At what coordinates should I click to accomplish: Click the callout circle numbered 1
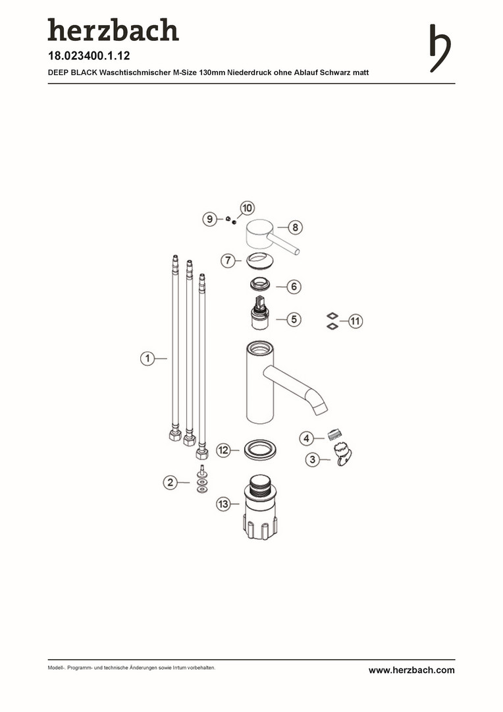pyautogui.click(x=147, y=358)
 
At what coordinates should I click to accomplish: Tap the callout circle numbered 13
pyautogui.click(x=223, y=504)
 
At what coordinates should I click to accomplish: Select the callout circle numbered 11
pyautogui.click(x=355, y=322)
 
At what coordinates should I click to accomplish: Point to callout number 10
pyautogui.click(x=247, y=208)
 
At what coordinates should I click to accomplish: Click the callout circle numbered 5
pyautogui.click(x=294, y=319)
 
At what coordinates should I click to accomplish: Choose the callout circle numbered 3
pyautogui.click(x=312, y=460)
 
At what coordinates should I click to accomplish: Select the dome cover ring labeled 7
pyautogui.click(x=260, y=262)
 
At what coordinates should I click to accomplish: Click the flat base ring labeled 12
pyautogui.click(x=260, y=450)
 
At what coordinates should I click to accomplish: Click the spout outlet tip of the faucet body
pyautogui.click(x=321, y=409)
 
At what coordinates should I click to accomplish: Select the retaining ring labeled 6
pyautogui.click(x=260, y=285)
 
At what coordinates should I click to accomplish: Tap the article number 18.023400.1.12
pyautogui.click(x=89, y=56)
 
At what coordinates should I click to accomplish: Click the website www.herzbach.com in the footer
pyautogui.click(x=411, y=670)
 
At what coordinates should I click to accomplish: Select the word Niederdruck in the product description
pyautogui.click(x=249, y=73)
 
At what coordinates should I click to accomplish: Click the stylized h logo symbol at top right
pyautogui.click(x=440, y=48)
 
